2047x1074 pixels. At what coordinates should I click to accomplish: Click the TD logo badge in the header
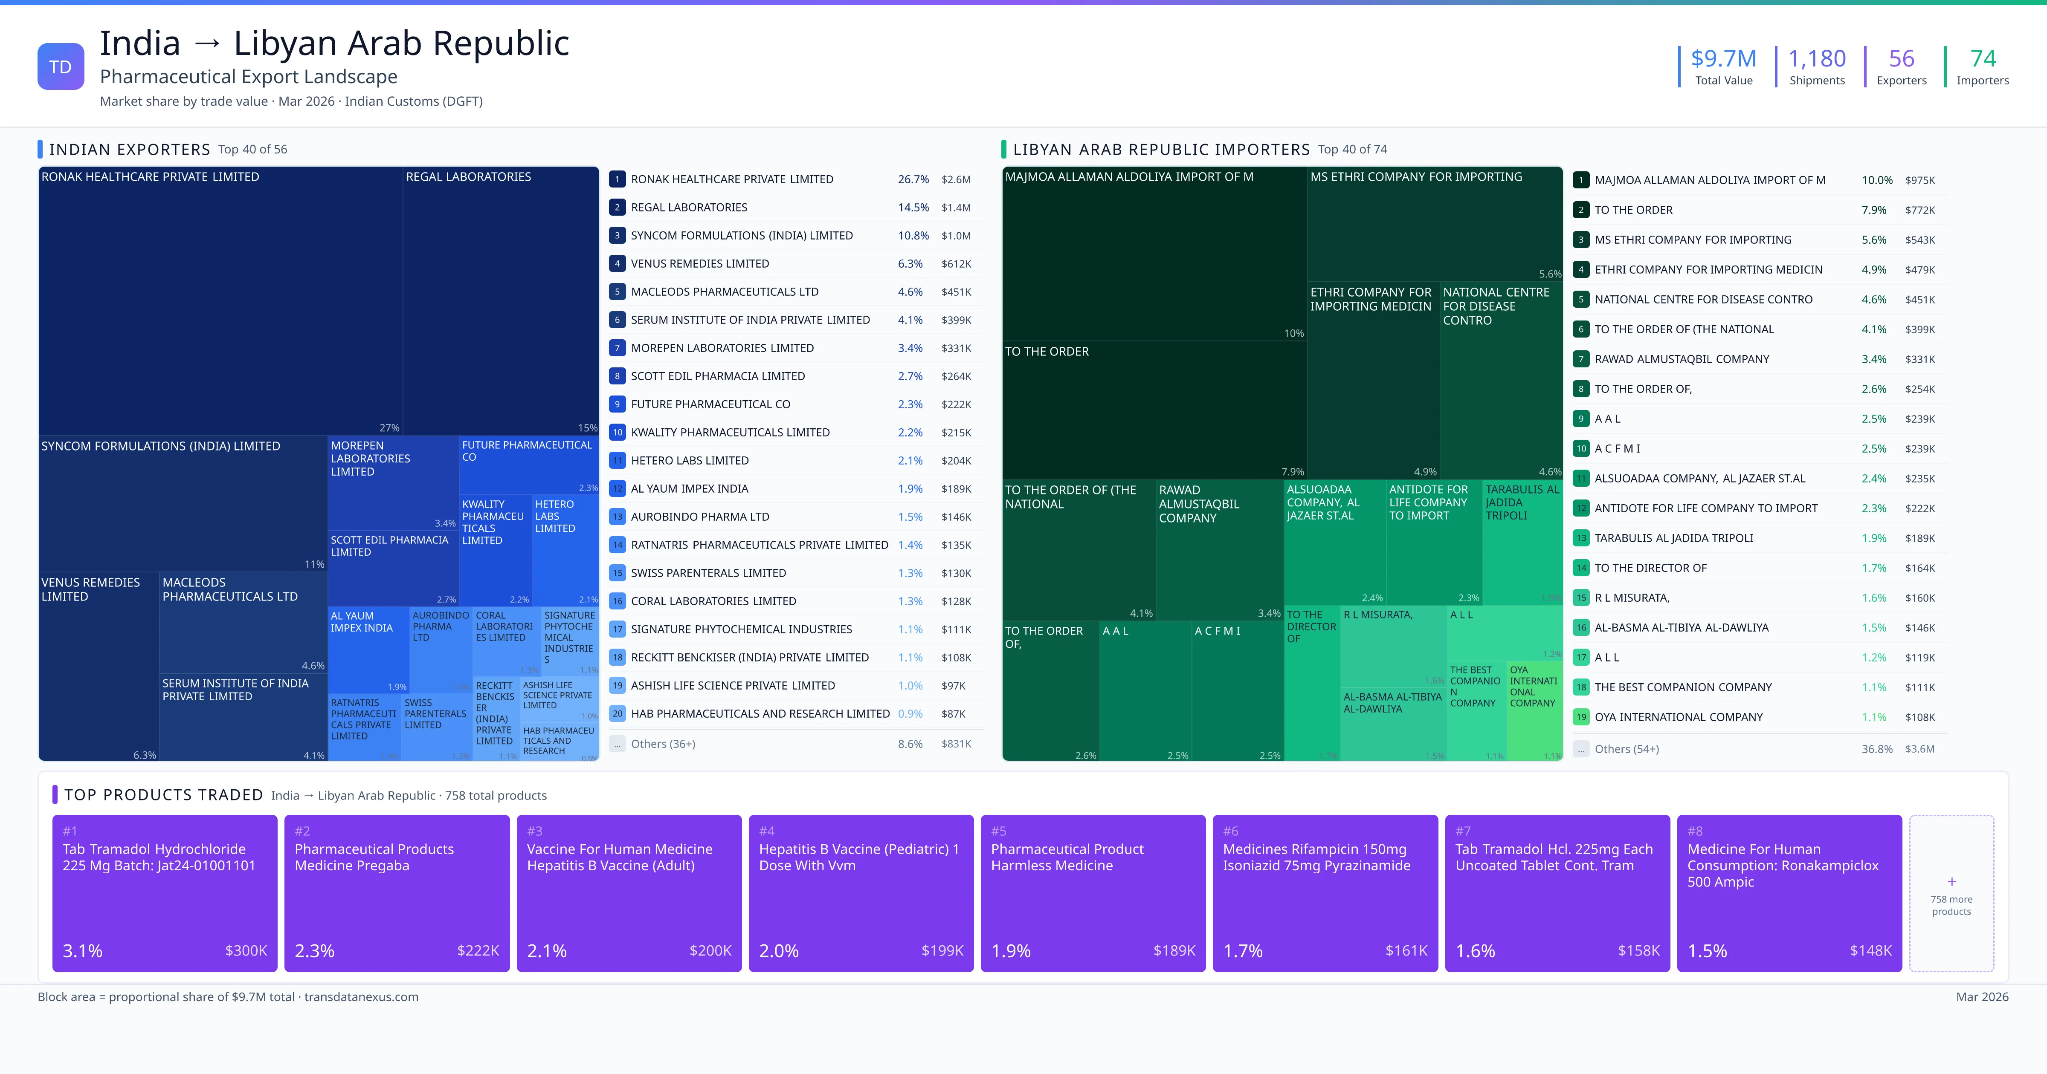[61, 67]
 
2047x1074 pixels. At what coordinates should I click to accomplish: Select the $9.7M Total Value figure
[1723, 59]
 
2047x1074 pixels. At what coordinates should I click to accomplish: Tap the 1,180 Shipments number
[1817, 59]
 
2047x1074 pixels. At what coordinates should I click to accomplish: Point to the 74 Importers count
[1983, 59]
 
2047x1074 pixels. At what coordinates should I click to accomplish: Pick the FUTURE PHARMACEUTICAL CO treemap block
[528, 465]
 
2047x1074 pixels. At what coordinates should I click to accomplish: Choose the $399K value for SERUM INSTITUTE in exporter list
[956, 320]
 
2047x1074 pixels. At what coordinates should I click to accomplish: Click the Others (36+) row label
[663, 744]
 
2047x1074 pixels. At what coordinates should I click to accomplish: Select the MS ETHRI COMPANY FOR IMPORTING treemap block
[1434, 222]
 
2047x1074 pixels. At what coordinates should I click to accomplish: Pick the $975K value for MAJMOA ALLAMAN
[1919, 180]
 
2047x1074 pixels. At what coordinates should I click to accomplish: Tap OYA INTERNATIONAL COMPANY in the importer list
[1678, 717]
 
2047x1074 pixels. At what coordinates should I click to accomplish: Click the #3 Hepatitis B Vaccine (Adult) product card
[629, 893]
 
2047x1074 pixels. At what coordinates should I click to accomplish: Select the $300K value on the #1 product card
[246, 951]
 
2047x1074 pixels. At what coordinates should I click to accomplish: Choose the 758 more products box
[1951, 893]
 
